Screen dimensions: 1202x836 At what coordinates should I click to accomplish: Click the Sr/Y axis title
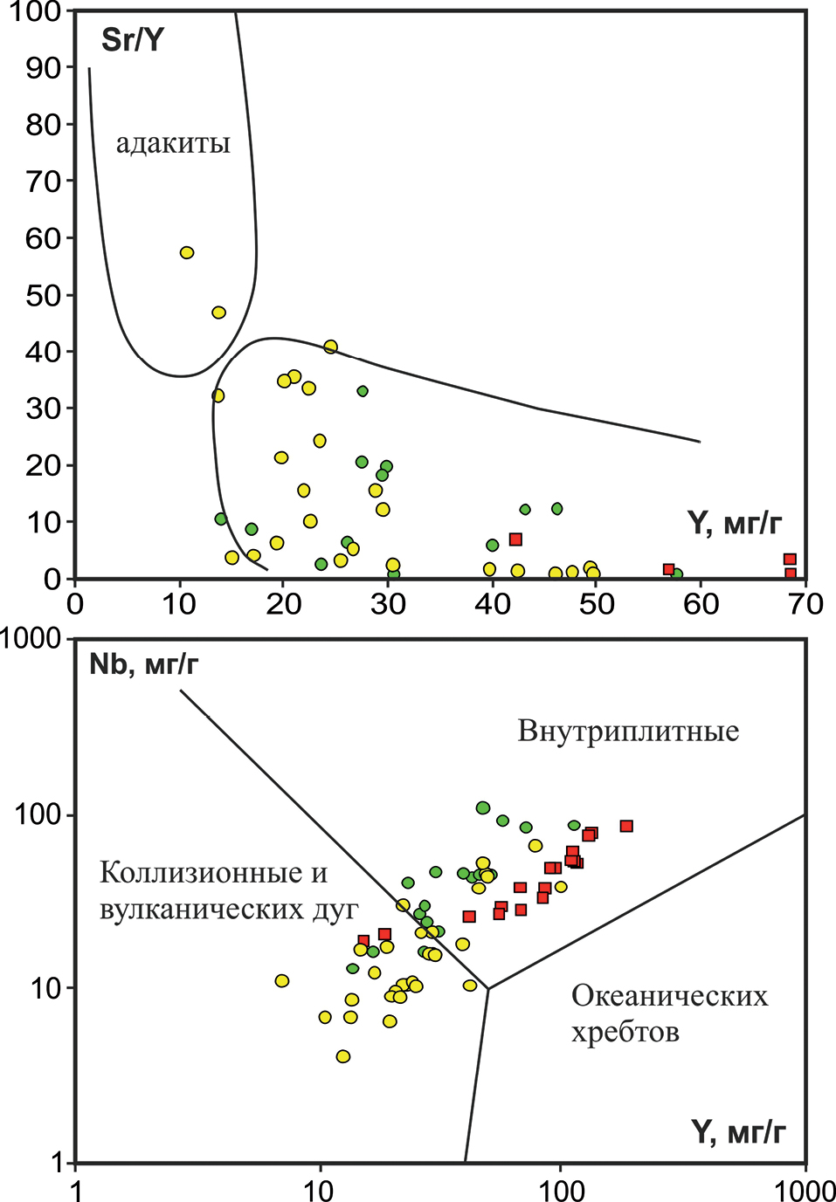click(133, 40)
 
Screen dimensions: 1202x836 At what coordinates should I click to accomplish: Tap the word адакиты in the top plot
click(173, 143)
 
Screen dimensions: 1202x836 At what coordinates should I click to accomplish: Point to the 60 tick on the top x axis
click(701, 603)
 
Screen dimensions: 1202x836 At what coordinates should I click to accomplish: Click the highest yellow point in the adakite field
click(186, 252)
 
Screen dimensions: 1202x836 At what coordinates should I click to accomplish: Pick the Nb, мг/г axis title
click(144, 665)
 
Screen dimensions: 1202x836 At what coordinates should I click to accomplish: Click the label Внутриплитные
click(628, 731)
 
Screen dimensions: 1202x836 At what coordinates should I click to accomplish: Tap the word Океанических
click(669, 995)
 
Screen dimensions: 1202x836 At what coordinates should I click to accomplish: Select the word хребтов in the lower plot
click(625, 1033)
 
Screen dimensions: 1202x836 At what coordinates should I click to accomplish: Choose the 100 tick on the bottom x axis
click(561, 1189)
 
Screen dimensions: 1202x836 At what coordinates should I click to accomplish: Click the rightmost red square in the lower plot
click(626, 826)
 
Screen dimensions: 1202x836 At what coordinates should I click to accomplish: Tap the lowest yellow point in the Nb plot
click(343, 1056)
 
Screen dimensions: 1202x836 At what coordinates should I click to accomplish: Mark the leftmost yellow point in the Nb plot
click(282, 981)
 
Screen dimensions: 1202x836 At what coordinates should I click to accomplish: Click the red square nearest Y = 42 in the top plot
click(515, 539)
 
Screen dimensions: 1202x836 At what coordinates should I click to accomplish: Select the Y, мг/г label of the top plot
click(734, 524)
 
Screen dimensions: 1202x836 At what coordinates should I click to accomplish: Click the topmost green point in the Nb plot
click(483, 807)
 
